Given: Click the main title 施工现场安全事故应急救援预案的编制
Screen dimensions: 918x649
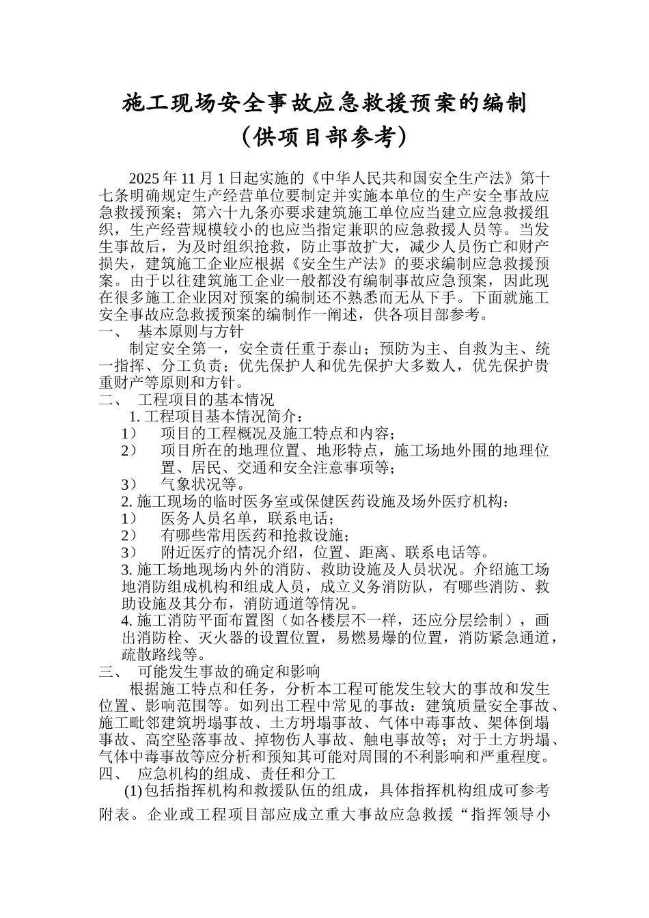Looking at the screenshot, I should pyautogui.click(x=324, y=104).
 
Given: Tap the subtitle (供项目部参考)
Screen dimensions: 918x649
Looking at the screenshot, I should pyautogui.click(x=324, y=137).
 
